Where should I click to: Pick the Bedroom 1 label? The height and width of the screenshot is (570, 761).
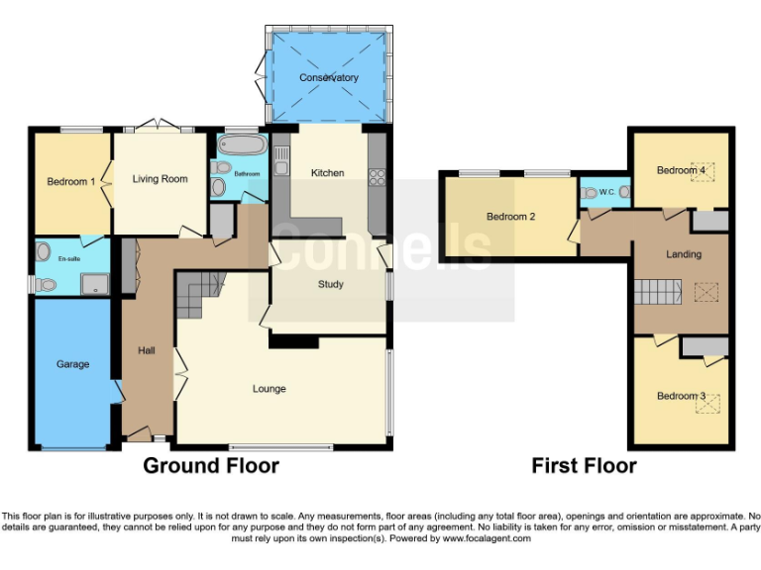(x=71, y=182)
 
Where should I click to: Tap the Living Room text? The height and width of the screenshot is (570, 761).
(x=161, y=179)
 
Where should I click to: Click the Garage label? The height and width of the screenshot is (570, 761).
(x=72, y=364)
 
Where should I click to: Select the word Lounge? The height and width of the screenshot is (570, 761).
(x=269, y=389)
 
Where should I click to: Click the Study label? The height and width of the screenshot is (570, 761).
(x=331, y=285)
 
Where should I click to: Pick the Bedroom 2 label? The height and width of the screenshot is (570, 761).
(x=510, y=217)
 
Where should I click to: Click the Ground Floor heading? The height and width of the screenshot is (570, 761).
(x=211, y=465)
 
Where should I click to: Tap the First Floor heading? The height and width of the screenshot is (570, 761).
(x=584, y=465)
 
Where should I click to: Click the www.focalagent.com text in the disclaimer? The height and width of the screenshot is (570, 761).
(x=486, y=539)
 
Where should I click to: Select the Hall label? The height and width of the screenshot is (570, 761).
(x=146, y=349)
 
